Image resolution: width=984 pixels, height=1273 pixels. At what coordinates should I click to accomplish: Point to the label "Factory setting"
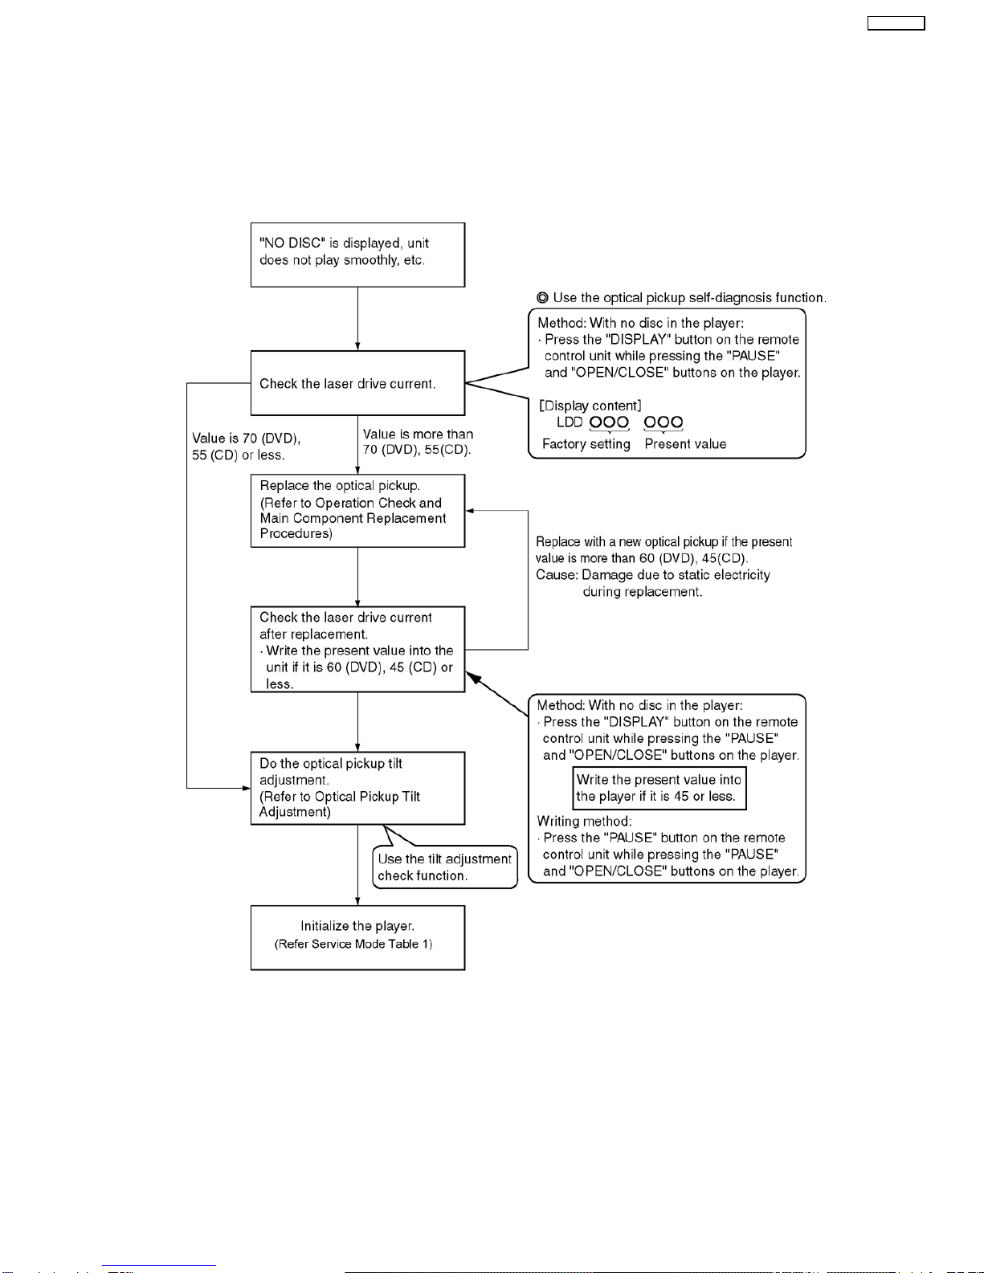(586, 444)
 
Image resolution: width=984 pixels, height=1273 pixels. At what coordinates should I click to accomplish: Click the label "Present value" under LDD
(685, 444)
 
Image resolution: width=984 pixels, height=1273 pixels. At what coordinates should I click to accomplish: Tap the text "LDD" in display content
(570, 422)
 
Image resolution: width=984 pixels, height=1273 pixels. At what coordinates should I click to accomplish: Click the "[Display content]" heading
(590, 406)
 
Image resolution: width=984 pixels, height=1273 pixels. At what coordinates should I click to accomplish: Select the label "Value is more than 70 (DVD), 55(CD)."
(418, 442)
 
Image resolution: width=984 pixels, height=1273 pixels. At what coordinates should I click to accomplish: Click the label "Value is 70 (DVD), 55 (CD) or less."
(246, 447)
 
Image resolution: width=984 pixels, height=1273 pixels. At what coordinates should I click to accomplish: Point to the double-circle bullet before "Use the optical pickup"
(542, 298)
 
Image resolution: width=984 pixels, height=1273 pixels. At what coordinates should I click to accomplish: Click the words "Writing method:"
(585, 822)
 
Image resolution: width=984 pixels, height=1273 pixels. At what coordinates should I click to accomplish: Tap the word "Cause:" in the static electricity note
(557, 575)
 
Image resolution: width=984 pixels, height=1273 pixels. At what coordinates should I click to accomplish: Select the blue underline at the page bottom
(159, 1266)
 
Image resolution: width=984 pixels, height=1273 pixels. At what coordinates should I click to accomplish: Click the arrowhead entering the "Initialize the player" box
(357, 901)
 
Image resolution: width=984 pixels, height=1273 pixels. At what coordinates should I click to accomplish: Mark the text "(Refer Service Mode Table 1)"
(353, 944)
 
